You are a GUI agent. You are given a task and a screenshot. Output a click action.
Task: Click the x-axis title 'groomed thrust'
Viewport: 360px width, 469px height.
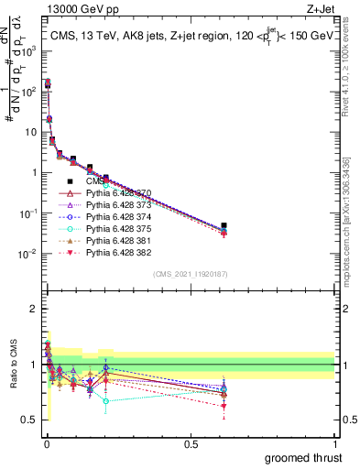pos(304,457)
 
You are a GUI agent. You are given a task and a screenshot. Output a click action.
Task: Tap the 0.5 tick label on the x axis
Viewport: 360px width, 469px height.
pos(190,444)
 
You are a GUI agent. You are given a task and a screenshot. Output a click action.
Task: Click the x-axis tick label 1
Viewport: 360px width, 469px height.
pos(334,444)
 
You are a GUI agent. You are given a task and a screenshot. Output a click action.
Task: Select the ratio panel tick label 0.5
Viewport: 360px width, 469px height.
pos(30,420)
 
